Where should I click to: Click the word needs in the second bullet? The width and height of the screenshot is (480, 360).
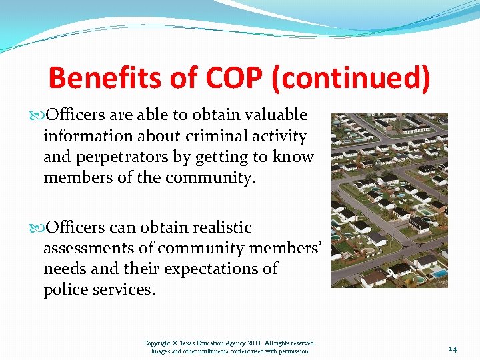65,269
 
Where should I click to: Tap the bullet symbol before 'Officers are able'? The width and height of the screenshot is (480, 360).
35,116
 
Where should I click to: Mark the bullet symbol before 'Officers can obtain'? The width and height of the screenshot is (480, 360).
35,228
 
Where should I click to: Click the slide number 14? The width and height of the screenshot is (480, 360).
452,349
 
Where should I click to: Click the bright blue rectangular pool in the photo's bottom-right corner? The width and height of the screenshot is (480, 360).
439,273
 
